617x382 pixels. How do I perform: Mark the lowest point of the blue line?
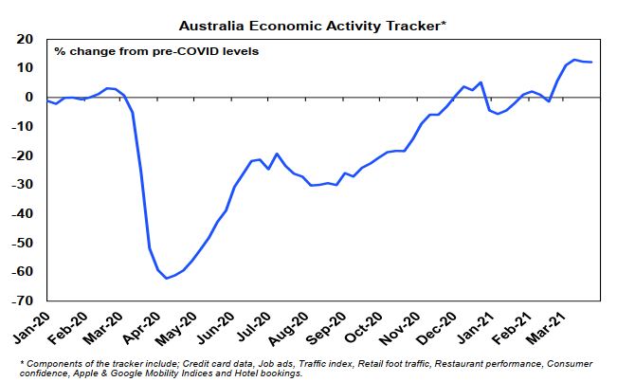coord(167,278)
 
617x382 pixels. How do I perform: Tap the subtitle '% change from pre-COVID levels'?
coord(156,51)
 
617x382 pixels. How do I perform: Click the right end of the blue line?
coord(592,63)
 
